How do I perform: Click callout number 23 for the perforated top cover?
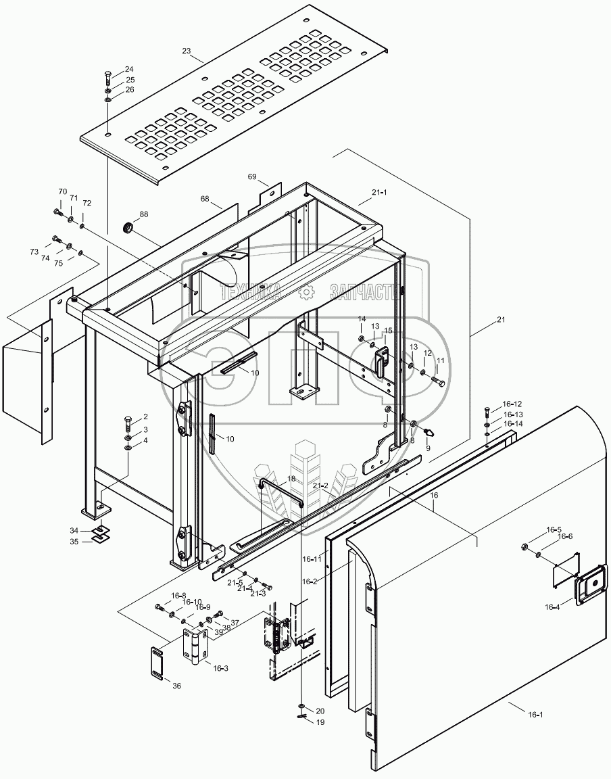point(187,50)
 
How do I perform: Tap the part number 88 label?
point(144,215)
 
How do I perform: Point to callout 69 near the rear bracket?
point(252,176)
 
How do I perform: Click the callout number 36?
point(176,686)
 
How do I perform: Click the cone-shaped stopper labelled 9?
point(429,431)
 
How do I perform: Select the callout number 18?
point(291,478)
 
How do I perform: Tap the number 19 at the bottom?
point(320,722)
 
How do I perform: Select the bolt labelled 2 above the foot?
point(129,425)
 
